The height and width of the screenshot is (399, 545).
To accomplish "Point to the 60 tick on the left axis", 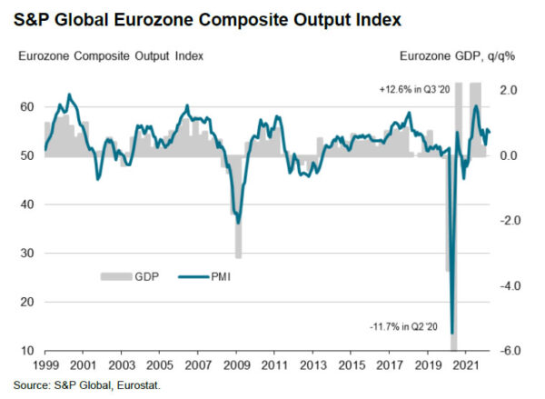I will pos(27,107).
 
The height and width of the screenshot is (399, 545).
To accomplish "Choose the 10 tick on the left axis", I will pos(27,351).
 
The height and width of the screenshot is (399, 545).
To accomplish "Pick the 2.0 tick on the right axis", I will pos(509,91).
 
